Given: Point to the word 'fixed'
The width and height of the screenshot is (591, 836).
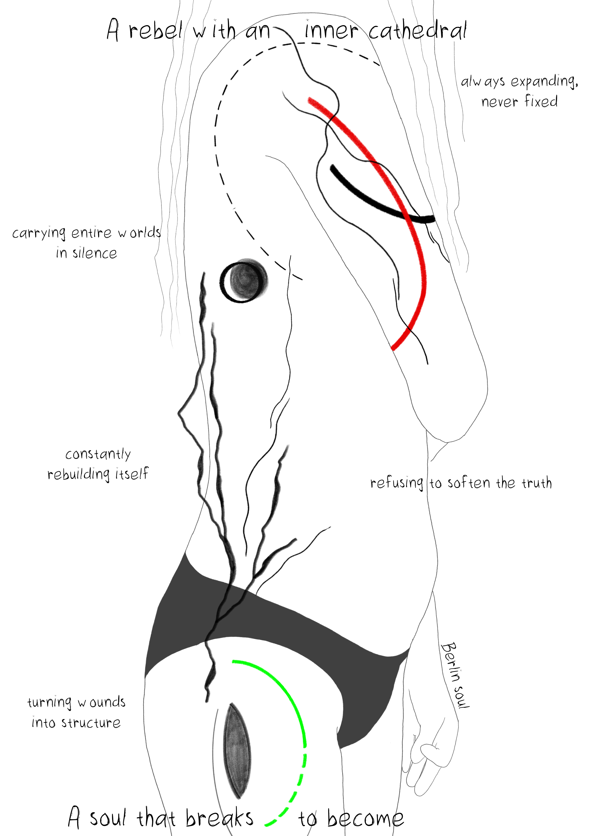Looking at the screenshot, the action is pyautogui.click(x=541, y=101).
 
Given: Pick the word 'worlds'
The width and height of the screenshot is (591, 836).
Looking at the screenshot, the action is pyautogui.click(x=139, y=233).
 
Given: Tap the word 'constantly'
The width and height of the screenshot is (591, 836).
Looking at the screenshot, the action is pyautogui.click(x=98, y=454).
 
